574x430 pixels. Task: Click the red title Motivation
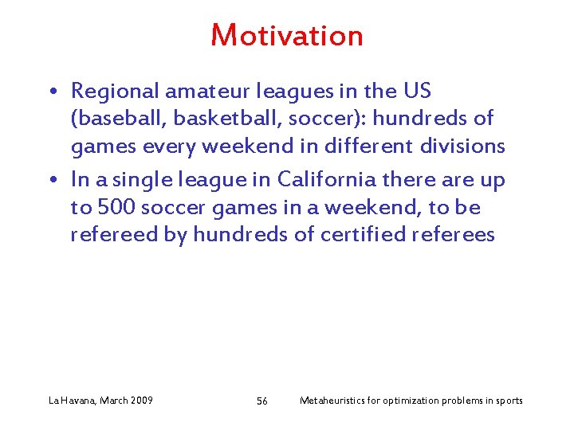click(287, 36)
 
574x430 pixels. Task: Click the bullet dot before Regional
click(52, 92)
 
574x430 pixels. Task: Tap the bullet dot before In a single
click(52, 182)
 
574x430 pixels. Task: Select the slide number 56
click(262, 401)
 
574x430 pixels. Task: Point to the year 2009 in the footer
click(141, 401)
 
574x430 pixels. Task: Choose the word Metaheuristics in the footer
click(333, 401)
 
